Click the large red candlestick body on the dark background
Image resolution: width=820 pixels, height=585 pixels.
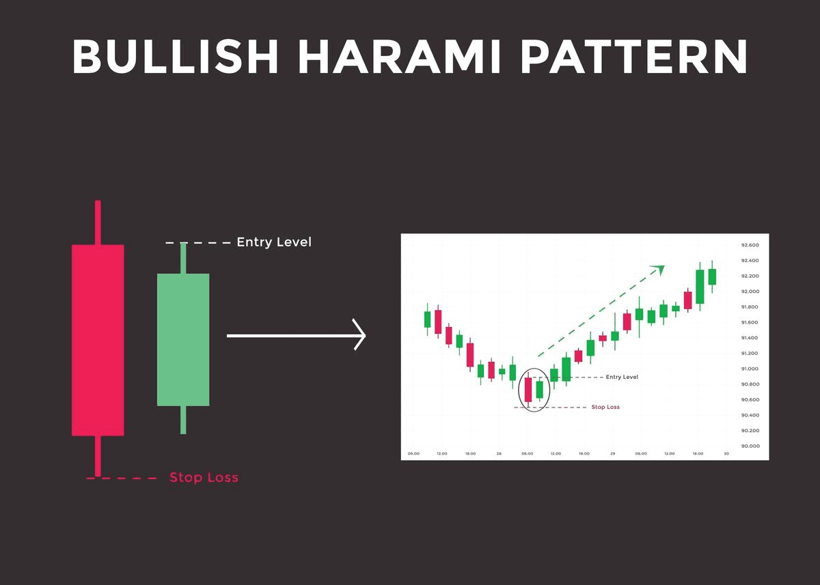pyautogui.click(x=98, y=339)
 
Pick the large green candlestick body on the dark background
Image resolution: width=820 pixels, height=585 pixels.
pyautogui.click(x=183, y=339)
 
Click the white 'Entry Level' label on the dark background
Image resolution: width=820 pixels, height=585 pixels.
pyautogui.click(x=273, y=242)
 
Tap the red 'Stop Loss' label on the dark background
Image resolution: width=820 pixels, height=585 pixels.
pyautogui.click(x=204, y=478)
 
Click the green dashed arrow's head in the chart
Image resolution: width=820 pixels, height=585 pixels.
pyautogui.click(x=659, y=269)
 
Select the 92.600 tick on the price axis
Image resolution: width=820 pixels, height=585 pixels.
pyautogui.click(x=750, y=245)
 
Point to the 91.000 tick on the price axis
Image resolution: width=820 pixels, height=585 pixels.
pyautogui.click(x=750, y=369)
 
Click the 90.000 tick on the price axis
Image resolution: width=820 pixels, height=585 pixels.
pyautogui.click(x=750, y=446)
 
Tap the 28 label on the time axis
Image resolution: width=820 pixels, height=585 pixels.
pyautogui.click(x=499, y=454)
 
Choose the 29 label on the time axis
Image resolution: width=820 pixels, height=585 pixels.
pyautogui.click(x=612, y=454)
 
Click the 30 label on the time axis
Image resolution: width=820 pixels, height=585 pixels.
pyautogui.click(x=726, y=454)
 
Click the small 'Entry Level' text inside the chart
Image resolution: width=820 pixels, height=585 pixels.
pyautogui.click(x=622, y=377)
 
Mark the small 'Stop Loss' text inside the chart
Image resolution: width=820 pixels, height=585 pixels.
pyautogui.click(x=606, y=407)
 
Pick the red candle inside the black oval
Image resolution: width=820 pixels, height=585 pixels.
pyautogui.click(x=528, y=389)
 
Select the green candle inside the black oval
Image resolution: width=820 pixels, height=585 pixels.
pyautogui.click(x=539, y=389)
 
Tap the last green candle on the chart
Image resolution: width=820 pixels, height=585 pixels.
pyautogui.click(x=712, y=276)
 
